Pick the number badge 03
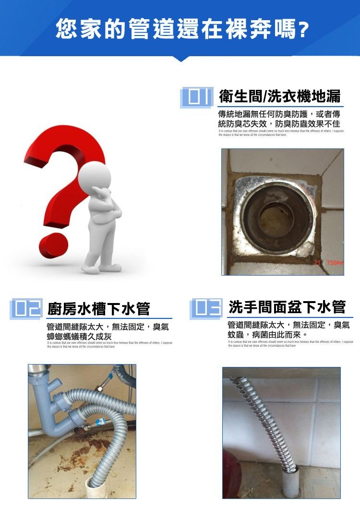point(206,307)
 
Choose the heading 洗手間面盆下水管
point(287,307)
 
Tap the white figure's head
point(96,176)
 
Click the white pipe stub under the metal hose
point(291,481)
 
